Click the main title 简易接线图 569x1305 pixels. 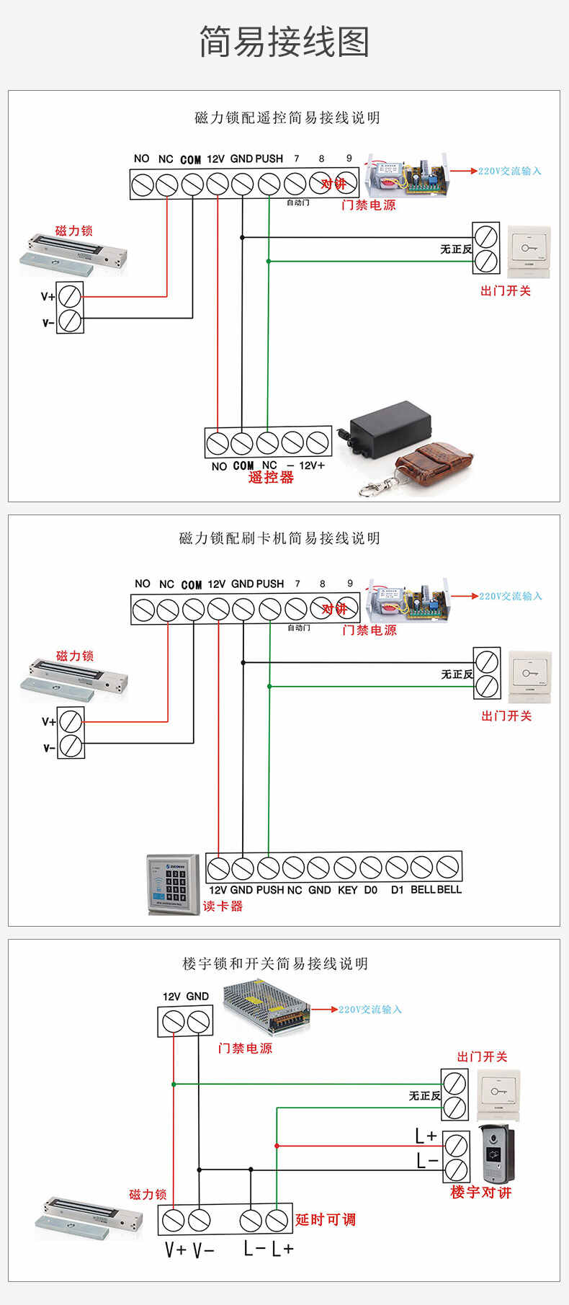pyautogui.click(x=284, y=42)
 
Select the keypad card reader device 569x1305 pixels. pyautogui.click(x=174, y=884)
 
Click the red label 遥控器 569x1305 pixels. pyautogui.click(x=271, y=477)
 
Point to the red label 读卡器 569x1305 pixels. pyautogui.click(x=223, y=907)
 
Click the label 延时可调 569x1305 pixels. pyautogui.click(x=326, y=1219)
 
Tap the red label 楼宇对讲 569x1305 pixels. pyautogui.click(x=480, y=1193)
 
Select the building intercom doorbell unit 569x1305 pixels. pyautogui.click(x=497, y=1153)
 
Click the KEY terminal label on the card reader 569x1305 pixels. pyautogui.click(x=347, y=890)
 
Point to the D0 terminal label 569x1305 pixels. pyautogui.click(x=370, y=890)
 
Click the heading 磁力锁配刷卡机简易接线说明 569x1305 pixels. pyautogui.click(x=279, y=538)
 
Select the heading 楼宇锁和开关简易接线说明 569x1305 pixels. pyautogui.click(x=275, y=963)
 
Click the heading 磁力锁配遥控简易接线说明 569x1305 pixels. pyautogui.click(x=287, y=117)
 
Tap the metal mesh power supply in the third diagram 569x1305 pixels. pyautogui.click(x=266, y=1006)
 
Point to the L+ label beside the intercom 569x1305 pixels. pyautogui.click(x=426, y=1136)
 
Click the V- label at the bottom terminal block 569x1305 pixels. pyautogui.click(x=203, y=1250)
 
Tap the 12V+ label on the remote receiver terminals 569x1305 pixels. pyautogui.click(x=312, y=466)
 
